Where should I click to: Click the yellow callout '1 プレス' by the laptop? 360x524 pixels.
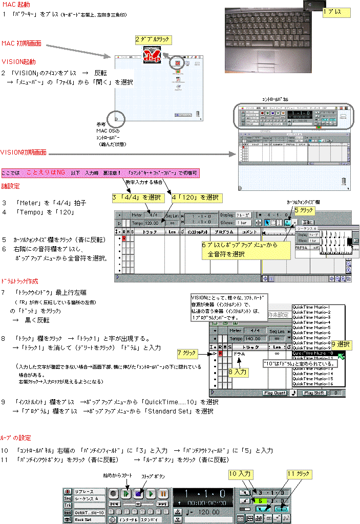point(336,11)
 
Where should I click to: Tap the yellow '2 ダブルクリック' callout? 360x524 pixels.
point(152,39)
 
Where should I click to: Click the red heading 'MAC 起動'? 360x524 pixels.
point(16,5)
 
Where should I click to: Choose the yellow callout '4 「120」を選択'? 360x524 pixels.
point(197,198)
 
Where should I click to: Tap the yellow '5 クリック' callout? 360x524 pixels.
point(306,210)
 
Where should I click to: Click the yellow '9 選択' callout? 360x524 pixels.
point(340,344)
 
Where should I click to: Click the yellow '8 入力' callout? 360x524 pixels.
point(238,372)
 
